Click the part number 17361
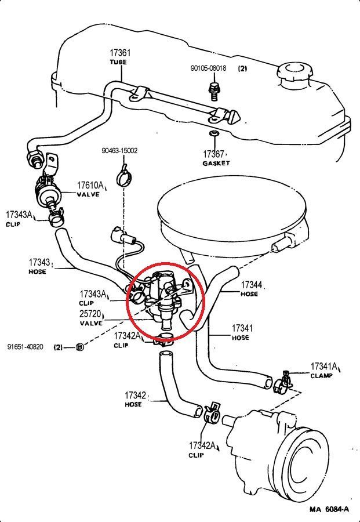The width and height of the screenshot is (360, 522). pyautogui.click(x=120, y=52)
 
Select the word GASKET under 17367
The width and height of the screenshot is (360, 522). pyautogui.click(x=216, y=164)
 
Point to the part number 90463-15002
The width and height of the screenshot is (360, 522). pyautogui.click(x=119, y=151)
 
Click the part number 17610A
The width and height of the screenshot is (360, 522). pyautogui.click(x=90, y=186)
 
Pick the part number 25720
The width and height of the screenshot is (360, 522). pyautogui.click(x=92, y=314)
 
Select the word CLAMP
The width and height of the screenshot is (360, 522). pyautogui.click(x=321, y=376)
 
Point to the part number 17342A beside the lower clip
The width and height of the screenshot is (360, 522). pyautogui.click(x=202, y=445)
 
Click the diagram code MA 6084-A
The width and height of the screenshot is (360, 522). pyautogui.click(x=329, y=509)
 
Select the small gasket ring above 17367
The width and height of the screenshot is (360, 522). pyautogui.click(x=213, y=135)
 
